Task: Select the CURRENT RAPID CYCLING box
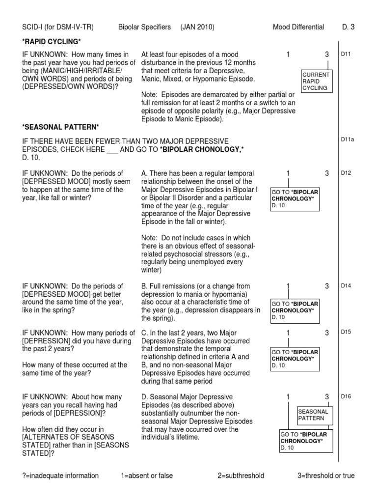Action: click(317, 81)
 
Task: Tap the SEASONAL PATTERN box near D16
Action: click(315, 415)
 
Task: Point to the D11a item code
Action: click(348, 140)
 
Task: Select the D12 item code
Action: click(346, 173)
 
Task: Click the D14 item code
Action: click(346, 285)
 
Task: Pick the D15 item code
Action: click(346, 332)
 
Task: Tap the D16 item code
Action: click(346, 396)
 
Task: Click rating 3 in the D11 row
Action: click(327, 55)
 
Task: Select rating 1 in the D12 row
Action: click(288, 173)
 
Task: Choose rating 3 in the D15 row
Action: click(327, 333)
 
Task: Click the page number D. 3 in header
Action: click(348, 27)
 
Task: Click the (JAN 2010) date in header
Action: click(197, 27)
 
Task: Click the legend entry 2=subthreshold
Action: click(241, 475)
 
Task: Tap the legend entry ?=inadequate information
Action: click(60, 475)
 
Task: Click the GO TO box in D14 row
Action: click(295, 310)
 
